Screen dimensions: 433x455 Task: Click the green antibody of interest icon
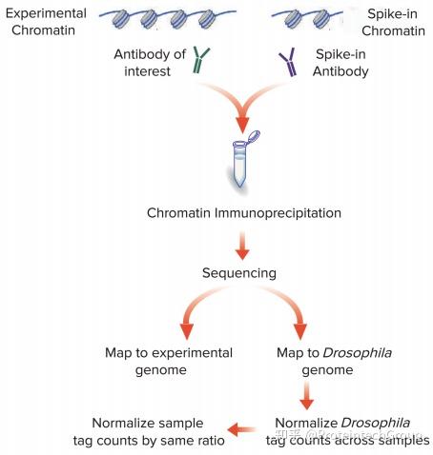tap(200, 60)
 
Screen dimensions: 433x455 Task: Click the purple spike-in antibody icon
tap(289, 62)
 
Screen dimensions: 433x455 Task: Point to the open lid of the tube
tap(254, 137)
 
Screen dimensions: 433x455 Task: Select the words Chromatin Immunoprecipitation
tap(244, 212)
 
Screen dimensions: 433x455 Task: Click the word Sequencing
tap(239, 273)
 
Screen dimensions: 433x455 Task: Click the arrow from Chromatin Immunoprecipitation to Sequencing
tap(242, 246)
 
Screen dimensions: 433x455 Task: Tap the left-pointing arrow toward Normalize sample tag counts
tap(241, 430)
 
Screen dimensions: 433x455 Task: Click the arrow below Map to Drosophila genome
tap(307, 395)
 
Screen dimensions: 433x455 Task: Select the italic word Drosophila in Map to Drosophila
tap(358, 353)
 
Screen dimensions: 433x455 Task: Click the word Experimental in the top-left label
tap(46, 13)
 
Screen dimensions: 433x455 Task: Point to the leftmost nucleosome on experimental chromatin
tap(120, 18)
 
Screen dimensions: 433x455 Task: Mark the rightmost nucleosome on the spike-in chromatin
tap(321, 18)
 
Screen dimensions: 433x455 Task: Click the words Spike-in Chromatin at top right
tap(393, 22)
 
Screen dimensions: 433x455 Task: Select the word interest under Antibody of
tap(147, 71)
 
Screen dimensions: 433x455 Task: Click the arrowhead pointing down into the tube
tap(242, 125)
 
